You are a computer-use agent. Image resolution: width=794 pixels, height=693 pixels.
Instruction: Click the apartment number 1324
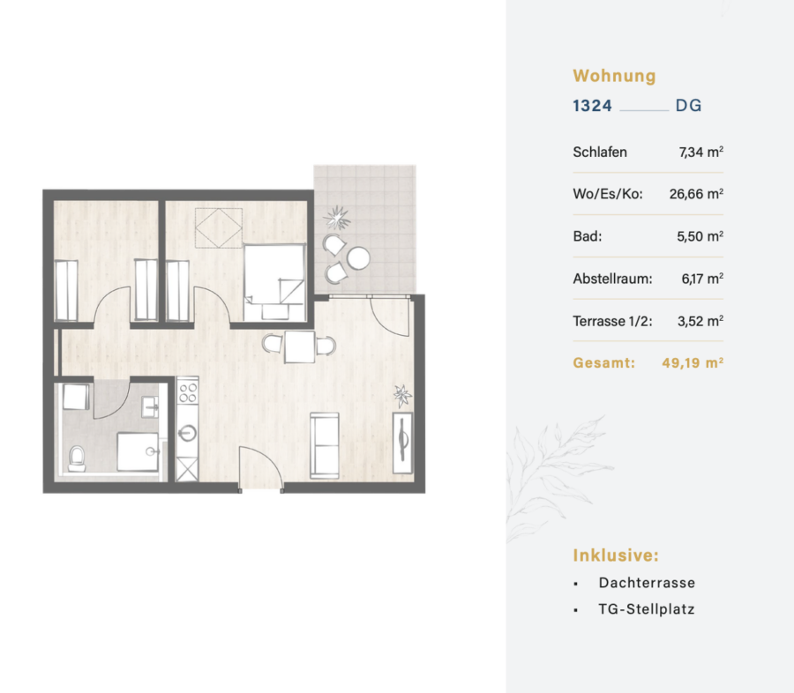[x=592, y=106]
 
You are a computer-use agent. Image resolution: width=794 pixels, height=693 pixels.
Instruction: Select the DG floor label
[x=689, y=106]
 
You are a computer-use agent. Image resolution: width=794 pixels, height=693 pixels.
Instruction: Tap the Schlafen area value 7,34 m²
[x=700, y=152]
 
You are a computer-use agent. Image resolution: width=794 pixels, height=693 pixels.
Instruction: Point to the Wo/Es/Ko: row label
[x=608, y=194]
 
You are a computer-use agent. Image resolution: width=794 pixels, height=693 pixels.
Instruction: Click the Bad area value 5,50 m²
[x=700, y=236]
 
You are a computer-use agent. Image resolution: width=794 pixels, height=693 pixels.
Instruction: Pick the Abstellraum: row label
[x=613, y=279]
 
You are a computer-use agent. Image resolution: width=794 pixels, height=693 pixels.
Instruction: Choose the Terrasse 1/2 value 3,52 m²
[x=700, y=321]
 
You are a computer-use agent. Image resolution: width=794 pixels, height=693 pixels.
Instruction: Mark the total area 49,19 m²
[x=693, y=363]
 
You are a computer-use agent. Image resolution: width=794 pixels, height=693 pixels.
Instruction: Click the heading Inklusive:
[x=616, y=555]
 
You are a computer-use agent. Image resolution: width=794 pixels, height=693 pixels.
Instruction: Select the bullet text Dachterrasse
[x=647, y=583]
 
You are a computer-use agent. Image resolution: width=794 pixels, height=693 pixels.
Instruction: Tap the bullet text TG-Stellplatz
[x=646, y=609]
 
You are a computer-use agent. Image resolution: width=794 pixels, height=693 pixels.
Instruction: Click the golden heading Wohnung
[x=614, y=76]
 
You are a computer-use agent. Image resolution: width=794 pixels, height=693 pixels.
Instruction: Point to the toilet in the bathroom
[x=77, y=458]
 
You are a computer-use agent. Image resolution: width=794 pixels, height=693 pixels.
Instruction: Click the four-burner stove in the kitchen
[x=188, y=392]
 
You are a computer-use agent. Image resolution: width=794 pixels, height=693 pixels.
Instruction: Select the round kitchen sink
[x=187, y=433]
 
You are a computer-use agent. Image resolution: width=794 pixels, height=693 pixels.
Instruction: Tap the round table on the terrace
[x=358, y=258]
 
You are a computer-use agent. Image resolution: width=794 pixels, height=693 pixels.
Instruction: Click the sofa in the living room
[x=325, y=445]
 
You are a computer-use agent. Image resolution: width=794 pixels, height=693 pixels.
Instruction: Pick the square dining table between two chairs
[x=299, y=346]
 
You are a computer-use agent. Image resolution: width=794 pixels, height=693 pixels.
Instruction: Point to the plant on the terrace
[x=337, y=218]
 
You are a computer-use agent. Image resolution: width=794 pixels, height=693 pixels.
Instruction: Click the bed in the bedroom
[x=275, y=282]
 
